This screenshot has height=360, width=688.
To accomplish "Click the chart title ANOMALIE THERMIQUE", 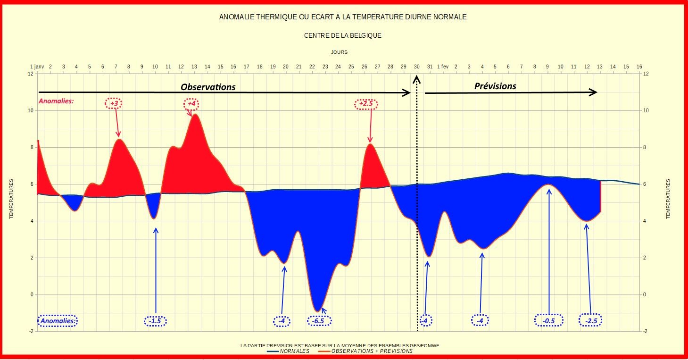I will tap(343, 17).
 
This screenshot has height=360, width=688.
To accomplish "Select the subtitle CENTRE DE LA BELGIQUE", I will tap(343, 35).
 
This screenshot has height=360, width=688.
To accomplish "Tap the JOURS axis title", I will tap(340, 52).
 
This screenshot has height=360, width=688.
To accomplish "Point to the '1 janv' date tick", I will tap(37, 67).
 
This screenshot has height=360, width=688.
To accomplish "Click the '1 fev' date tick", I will tap(442, 67).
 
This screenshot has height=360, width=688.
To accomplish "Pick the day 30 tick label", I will tap(417, 67).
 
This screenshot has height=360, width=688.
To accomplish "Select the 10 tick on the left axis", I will tap(31, 111).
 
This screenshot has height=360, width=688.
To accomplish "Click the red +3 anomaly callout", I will tap(114, 103).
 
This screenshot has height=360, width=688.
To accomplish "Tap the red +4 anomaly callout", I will tap(191, 103).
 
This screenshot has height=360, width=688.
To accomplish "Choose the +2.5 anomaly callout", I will tap(366, 104).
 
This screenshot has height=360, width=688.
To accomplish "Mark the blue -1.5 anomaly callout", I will tap(155, 321).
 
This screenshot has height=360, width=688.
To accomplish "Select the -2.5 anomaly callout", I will tap(591, 321).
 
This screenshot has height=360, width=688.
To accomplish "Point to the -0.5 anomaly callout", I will tap(548, 321).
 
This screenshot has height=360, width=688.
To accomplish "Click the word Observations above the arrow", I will tap(208, 87).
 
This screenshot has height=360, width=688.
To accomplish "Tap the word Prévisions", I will tap(495, 86).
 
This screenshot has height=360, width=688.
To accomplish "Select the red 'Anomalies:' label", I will tap(56, 101).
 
